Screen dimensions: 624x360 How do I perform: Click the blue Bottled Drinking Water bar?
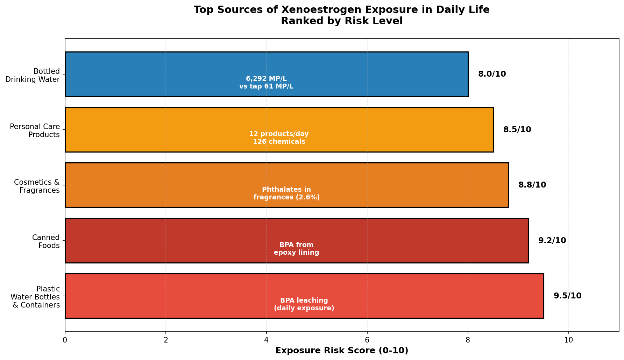(267, 74)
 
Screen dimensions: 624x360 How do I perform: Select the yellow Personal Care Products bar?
(279, 129)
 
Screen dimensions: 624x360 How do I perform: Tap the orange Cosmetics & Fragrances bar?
(286, 185)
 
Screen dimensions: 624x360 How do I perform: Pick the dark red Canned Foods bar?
(297, 240)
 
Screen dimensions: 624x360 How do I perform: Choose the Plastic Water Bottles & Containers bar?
(304, 296)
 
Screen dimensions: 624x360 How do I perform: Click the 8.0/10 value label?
(492, 74)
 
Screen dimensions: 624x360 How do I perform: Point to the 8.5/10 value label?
(517, 130)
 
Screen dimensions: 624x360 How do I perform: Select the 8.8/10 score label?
(532, 185)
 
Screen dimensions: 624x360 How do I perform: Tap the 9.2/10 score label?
(552, 241)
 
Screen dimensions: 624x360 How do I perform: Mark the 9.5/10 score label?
(567, 296)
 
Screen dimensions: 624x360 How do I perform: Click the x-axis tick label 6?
(367, 340)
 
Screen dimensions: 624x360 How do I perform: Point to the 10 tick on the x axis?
(569, 340)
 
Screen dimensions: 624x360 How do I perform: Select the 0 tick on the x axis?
(65, 340)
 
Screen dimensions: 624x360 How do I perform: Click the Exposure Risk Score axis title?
(342, 351)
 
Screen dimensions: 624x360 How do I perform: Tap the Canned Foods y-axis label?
(46, 241)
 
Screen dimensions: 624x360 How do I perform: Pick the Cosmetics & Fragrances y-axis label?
(37, 186)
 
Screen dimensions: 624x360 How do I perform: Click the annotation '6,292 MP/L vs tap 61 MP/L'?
(267, 82)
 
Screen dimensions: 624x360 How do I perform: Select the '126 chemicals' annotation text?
(279, 142)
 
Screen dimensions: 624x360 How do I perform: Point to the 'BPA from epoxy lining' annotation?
(297, 249)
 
